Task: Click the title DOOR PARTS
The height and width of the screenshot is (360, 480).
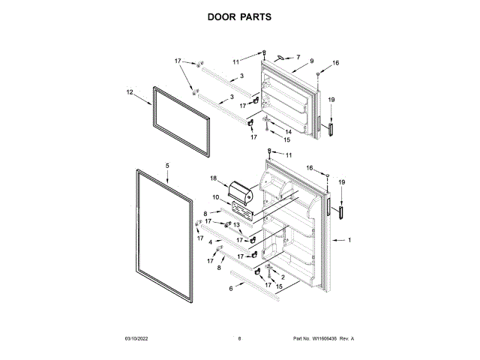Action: click(239, 16)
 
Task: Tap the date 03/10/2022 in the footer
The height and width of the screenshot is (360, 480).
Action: click(138, 339)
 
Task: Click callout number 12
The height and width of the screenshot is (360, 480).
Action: click(129, 92)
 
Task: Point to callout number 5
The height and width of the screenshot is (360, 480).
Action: click(167, 164)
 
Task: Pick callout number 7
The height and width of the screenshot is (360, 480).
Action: click(297, 57)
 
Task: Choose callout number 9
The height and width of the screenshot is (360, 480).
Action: click(310, 60)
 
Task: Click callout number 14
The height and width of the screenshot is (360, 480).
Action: click(288, 132)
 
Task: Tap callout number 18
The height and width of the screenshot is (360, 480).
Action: click(213, 178)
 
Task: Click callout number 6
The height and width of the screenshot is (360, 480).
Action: click(231, 287)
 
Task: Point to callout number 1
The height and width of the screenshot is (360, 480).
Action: click(348, 240)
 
